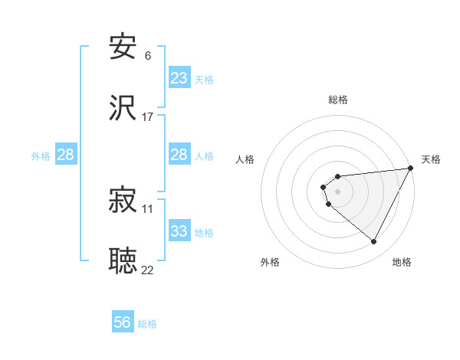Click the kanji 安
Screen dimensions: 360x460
click(123, 48)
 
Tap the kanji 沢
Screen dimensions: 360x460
click(123, 109)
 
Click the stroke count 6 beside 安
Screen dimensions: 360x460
click(147, 56)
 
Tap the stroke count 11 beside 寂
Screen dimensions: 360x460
click(147, 208)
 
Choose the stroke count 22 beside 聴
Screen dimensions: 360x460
click(147, 270)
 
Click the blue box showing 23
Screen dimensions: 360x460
click(179, 78)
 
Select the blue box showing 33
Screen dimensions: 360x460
click(179, 231)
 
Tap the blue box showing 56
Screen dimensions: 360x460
click(123, 322)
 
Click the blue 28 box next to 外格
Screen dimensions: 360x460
click(66, 155)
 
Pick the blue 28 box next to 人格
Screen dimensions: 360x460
click(179, 155)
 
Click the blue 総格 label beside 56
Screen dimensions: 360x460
click(147, 324)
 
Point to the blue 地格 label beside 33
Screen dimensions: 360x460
click(204, 233)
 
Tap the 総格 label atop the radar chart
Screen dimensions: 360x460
click(337, 100)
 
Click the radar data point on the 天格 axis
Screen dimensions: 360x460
click(410, 169)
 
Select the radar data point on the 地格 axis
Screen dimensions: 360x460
click(374, 242)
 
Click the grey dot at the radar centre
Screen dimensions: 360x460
click(337, 191)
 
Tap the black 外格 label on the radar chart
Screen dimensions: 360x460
click(270, 262)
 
